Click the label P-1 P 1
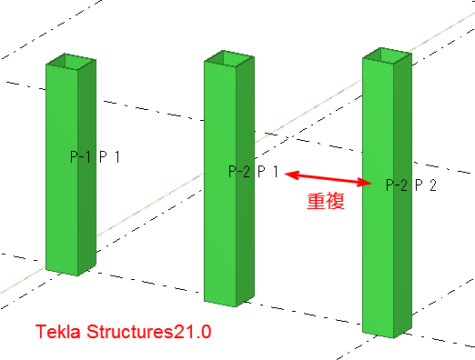pyautogui.click(x=96, y=157)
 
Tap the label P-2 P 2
pyautogui.click(x=412, y=185)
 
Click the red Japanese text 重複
pyautogui.click(x=325, y=202)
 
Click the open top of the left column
pyautogui.click(x=70, y=62)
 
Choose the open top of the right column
pyautogui.click(x=387, y=55)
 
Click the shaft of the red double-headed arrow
pyautogui.click(x=328, y=177)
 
